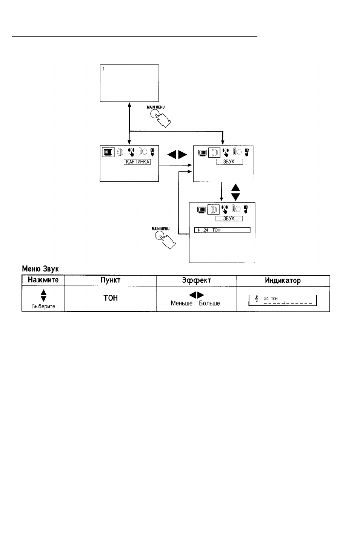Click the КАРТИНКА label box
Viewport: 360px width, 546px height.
click(137, 162)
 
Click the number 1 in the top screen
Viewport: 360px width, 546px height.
click(104, 69)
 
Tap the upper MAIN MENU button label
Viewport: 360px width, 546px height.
click(155, 107)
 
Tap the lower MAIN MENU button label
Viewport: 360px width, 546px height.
click(160, 229)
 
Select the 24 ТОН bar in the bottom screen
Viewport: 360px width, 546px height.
click(222, 230)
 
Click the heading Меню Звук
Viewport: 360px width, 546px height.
click(40, 268)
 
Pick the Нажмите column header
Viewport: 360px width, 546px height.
click(43, 280)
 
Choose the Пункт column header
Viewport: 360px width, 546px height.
click(111, 280)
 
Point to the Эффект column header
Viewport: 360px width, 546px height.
click(196, 280)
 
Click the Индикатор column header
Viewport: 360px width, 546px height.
click(283, 280)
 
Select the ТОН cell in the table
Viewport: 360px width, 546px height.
click(111, 298)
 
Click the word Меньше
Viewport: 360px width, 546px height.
click(182, 303)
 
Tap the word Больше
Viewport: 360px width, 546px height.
click(209, 303)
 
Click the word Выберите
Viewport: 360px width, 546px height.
click(43, 306)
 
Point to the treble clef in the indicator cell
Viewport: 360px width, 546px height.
click(257, 299)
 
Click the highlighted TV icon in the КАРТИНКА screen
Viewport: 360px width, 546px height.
click(108, 152)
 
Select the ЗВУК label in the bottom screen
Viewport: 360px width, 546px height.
click(229, 218)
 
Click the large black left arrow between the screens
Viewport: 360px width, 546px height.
click(172, 155)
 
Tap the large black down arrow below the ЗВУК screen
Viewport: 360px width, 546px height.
click(235, 196)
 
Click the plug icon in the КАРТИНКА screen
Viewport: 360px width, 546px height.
click(152, 152)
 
